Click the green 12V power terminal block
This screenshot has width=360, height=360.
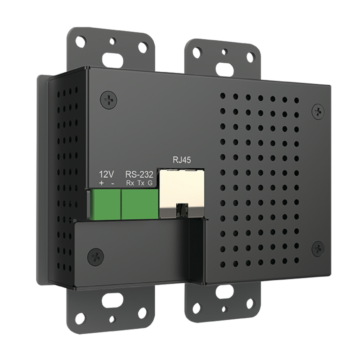[105, 204]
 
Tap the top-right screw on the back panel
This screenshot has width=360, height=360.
[319, 111]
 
